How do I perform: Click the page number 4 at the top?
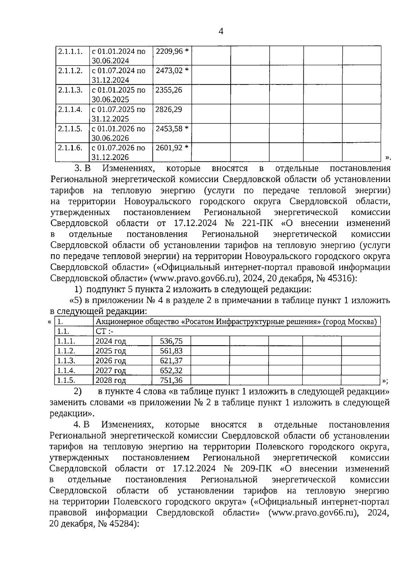[221, 31]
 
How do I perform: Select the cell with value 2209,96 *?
[172, 52]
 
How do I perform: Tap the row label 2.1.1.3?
[70, 90]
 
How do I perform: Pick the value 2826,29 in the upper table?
[168, 110]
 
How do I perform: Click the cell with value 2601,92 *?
[172, 148]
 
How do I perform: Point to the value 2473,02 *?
[172, 71]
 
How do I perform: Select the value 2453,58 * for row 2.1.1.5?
[172, 129]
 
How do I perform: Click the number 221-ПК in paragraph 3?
[257, 224]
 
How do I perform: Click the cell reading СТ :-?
[104, 332]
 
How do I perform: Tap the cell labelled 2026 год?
[111, 361]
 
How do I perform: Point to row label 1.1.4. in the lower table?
[66, 370]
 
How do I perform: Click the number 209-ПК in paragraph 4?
[256, 468]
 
